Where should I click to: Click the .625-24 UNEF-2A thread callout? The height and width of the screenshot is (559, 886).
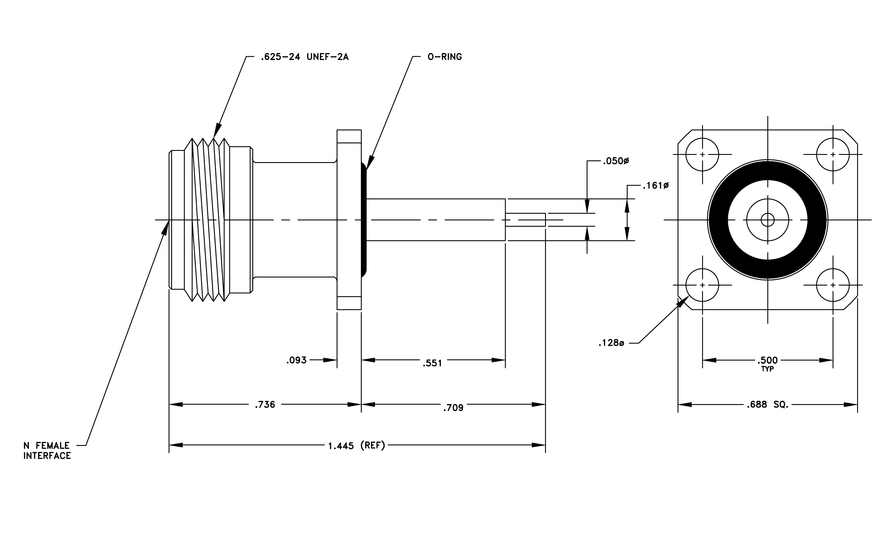(304, 57)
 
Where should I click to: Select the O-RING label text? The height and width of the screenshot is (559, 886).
(445, 57)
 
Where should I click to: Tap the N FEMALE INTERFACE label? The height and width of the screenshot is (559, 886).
(47, 451)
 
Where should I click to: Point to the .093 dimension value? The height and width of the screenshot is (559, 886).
(296, 361)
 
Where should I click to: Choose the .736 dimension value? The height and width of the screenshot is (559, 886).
(265, 405)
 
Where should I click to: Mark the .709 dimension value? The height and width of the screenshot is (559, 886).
(453, 408)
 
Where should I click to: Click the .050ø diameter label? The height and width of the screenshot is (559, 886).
(615, 161)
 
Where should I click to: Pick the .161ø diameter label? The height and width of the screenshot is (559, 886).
(656, 186)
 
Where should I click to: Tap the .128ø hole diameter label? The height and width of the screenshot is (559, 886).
(611, 343)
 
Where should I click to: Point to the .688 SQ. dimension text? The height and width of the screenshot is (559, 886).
(768, 405)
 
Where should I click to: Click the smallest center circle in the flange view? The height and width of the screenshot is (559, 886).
(768, 220)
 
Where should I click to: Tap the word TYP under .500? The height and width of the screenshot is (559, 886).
(768, 369)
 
